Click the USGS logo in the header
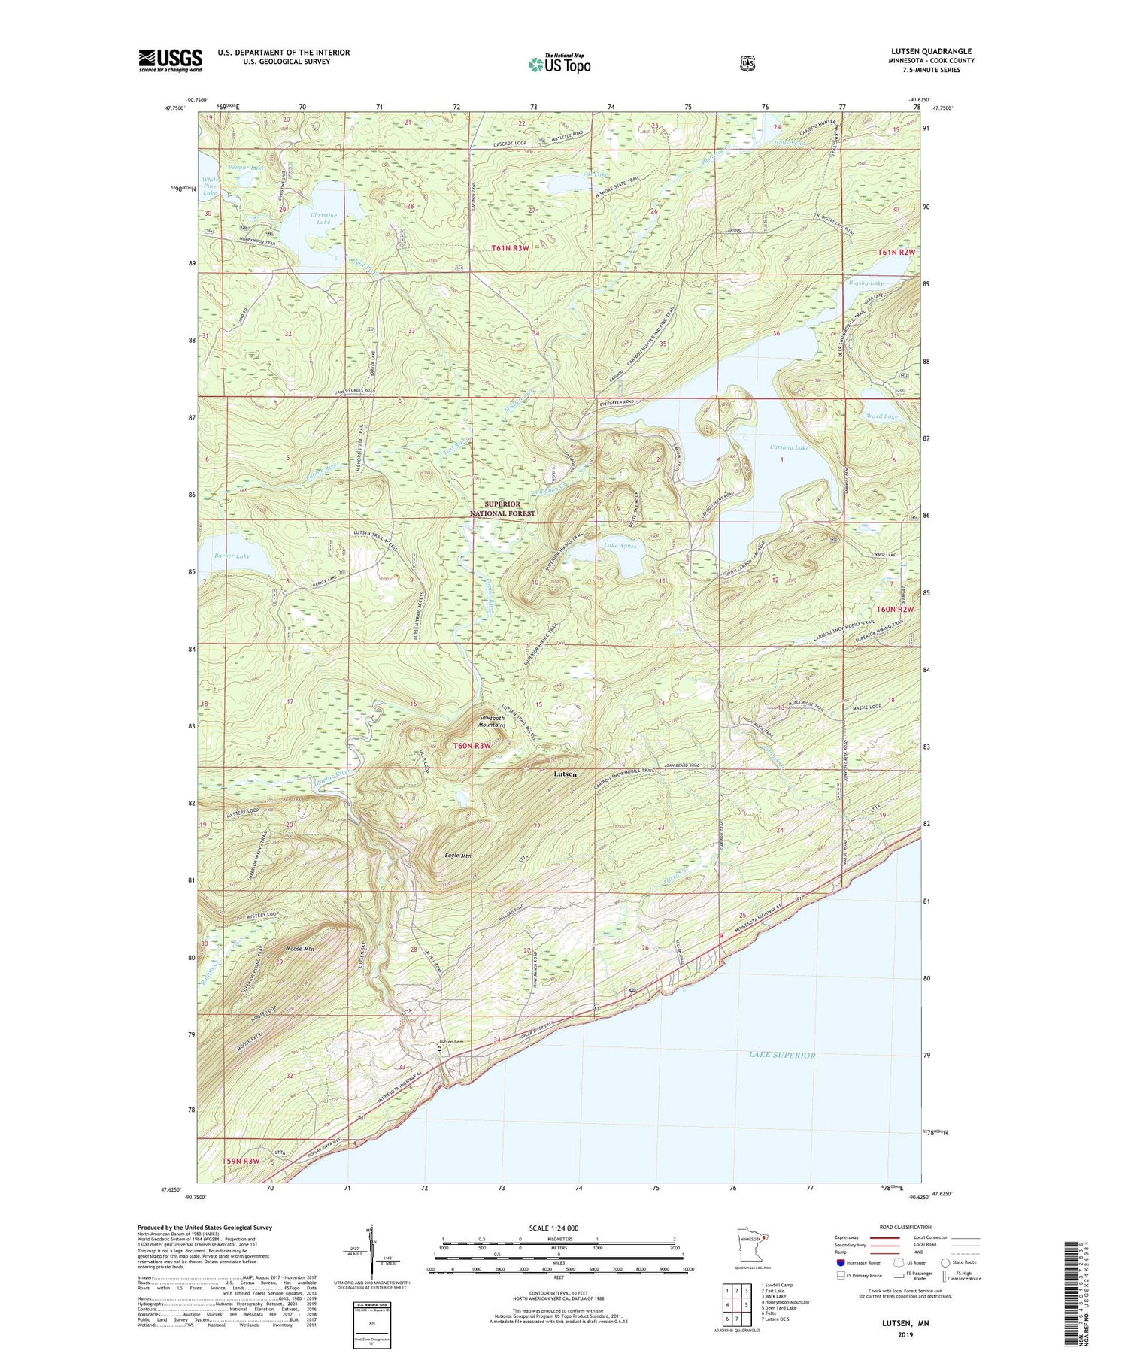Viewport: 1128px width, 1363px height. pyautogui.click(x=170, y=60)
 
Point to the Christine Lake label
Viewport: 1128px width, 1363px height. pyautogui.click(x=320, y=218)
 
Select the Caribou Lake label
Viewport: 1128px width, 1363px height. pyautogui.click(x=789, y=448)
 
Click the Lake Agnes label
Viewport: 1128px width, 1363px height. pyautogui.click(x=620, y=547)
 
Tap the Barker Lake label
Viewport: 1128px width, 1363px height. pyautogui.click(x=232, y=556)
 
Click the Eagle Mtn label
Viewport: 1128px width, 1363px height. pyautogui.click(x=457, y=856)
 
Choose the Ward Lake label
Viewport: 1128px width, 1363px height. pyautogui.click(x=881, y=416)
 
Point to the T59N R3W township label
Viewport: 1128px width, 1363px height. pyautogui.click(x=242, y=1162)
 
